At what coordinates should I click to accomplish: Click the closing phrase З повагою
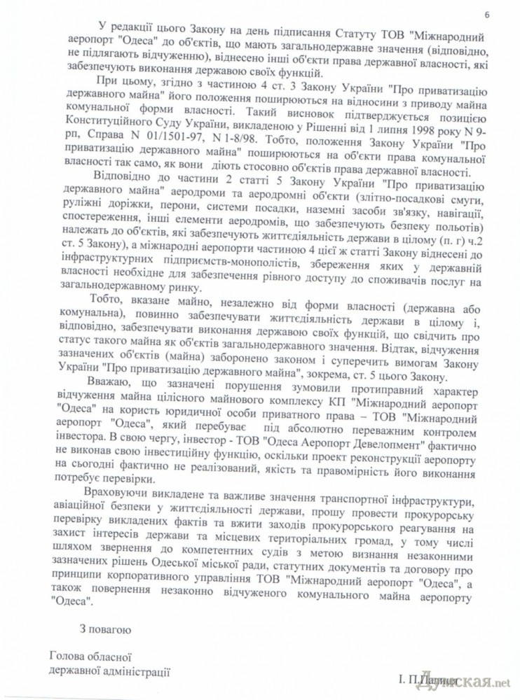(105, 629)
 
